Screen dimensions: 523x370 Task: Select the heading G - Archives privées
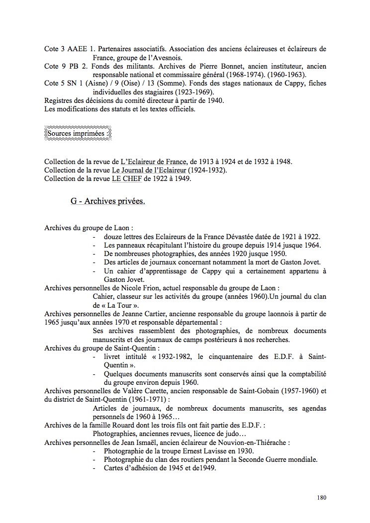[x=107, y=201]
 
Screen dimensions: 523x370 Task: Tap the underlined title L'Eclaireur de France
[x=150, y=162]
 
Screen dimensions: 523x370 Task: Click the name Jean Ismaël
[x=145, y=442]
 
